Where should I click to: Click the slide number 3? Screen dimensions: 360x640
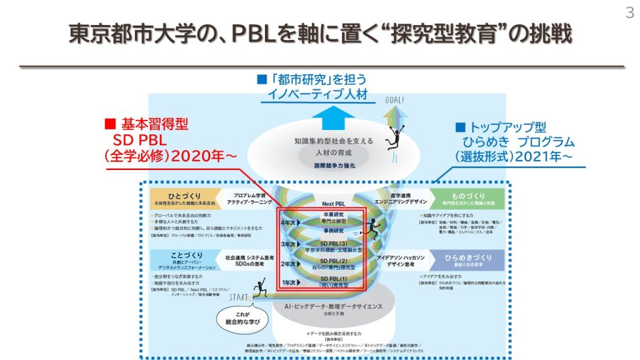629,12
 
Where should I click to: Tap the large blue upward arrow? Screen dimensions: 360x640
317,115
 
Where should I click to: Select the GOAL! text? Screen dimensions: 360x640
394,99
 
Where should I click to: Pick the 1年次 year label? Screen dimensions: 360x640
289,282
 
